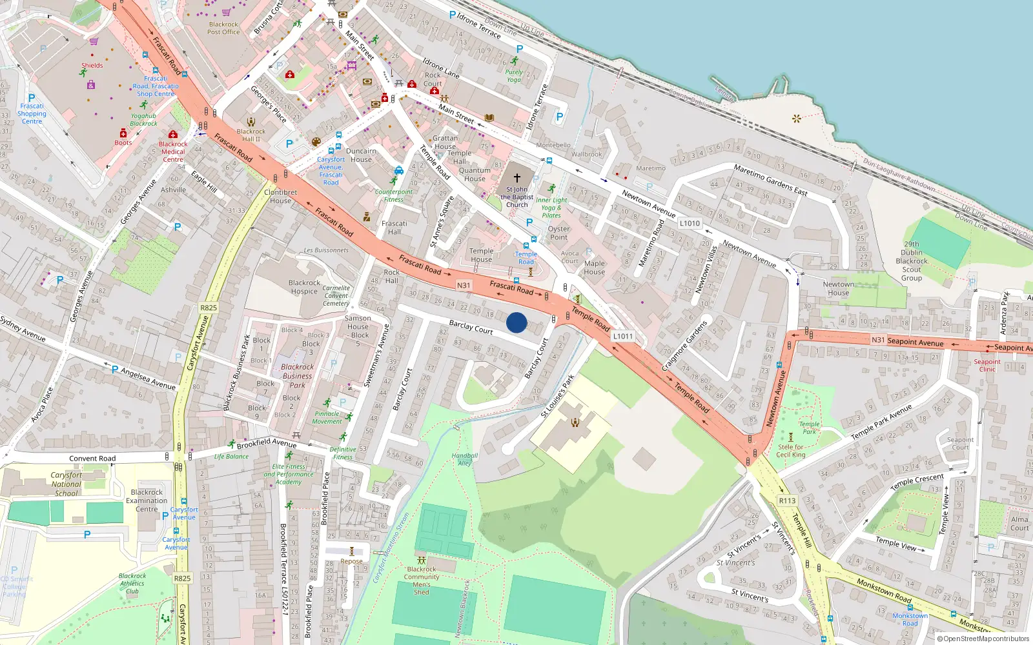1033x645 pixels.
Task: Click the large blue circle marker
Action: [516, 322]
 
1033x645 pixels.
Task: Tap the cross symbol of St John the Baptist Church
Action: [516, 177]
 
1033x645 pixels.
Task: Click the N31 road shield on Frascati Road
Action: [464, 285]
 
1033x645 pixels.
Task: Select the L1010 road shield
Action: [690, 223]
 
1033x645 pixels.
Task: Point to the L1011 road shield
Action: [623, 336]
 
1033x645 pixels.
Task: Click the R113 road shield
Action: [787, 501]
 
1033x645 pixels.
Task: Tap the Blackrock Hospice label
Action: [304, 287]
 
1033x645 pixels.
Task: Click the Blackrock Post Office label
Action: [223, 28]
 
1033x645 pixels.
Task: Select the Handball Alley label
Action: [464, 459]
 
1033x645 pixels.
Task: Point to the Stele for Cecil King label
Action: [791, 450]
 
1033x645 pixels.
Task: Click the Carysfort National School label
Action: [66, 484]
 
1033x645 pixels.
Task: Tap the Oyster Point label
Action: [558, 233]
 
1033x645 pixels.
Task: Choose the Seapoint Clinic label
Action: [987, 365]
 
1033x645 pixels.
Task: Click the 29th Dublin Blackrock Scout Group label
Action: [912, 261]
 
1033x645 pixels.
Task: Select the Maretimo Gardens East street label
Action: [770, 180]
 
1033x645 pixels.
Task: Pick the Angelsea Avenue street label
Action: [148, 379]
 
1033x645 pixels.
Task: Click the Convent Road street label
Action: [92, 459]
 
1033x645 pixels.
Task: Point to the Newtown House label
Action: [838, 288]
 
